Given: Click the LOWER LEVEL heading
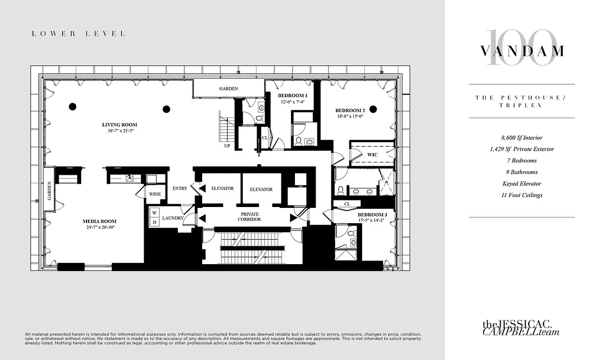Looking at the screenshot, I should [x=78, y=34].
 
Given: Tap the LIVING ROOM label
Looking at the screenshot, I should [x=119, y=125].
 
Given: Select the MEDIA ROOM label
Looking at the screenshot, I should [x=100, y=221].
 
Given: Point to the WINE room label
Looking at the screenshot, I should [x=155, y=194].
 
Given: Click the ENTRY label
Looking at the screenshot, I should [x=180, y=189].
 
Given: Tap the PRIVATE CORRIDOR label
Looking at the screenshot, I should [x=249, y=216].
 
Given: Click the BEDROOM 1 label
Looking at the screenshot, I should [x=292, y=96].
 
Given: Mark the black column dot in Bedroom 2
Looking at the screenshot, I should [x=373, y=108].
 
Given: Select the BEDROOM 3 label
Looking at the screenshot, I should [x=372, y=215].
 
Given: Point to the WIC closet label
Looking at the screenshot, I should [x=372, y=154].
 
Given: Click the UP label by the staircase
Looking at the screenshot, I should [x=227, y=146].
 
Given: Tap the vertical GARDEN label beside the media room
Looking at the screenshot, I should [x=49, y=191].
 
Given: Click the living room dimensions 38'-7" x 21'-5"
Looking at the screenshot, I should [x=119, y=131].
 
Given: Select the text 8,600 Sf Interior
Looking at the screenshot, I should [x=521, y=137].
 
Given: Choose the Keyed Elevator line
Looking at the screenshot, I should [x=521, y=184].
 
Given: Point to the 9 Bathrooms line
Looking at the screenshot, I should [x=521, y=172].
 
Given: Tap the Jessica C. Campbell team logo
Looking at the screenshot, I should [x=521, y=328].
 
